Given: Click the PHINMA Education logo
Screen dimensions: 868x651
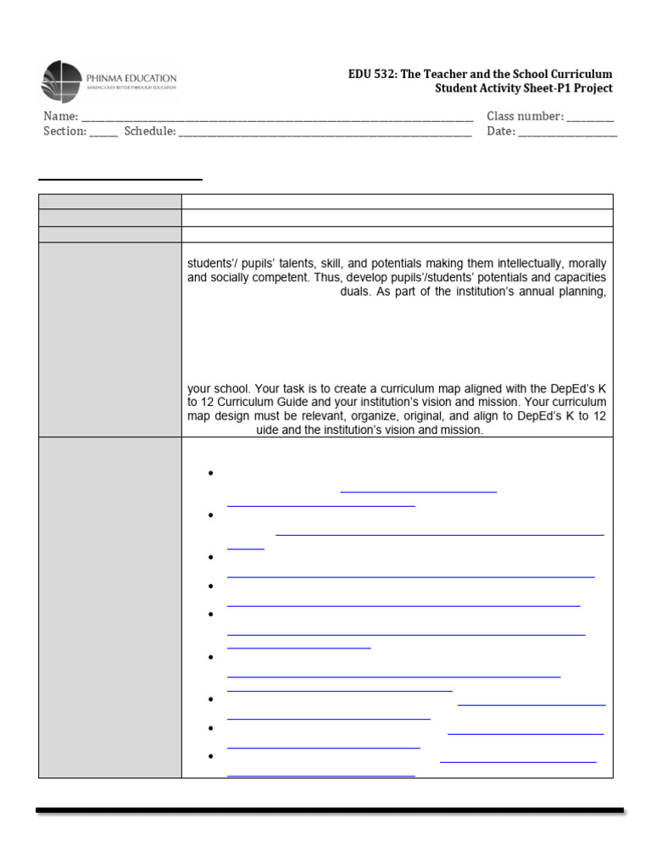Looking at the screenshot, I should click(x=108, y=81).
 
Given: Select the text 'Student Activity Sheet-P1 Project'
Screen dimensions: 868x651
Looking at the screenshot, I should click(x=523, y=88).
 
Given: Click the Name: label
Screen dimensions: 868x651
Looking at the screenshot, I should click(x=60, y=116).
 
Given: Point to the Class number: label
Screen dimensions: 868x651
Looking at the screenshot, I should click(x=525, y=116).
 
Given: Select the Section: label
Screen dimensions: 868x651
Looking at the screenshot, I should click(x=64, y=131).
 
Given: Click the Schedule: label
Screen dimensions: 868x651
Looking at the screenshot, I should click(x=150, y=131).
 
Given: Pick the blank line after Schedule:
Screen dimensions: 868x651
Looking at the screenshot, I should click(x=325, y=133).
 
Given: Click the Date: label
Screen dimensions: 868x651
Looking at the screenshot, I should click(x=500, y=131).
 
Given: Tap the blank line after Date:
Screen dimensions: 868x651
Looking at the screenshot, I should click(x=567, y=133).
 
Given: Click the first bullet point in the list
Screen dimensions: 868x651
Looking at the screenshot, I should click(x=209, y=473).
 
